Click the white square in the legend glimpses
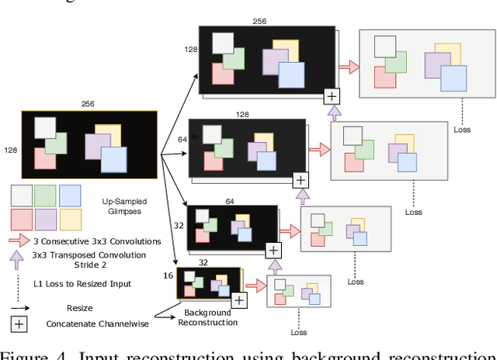[x=22, y=195]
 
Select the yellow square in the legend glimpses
[x=71, y=220]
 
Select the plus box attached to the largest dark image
[x=332, y=96]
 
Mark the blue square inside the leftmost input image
[x=113, y=159]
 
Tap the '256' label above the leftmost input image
[x=89, y=102]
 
